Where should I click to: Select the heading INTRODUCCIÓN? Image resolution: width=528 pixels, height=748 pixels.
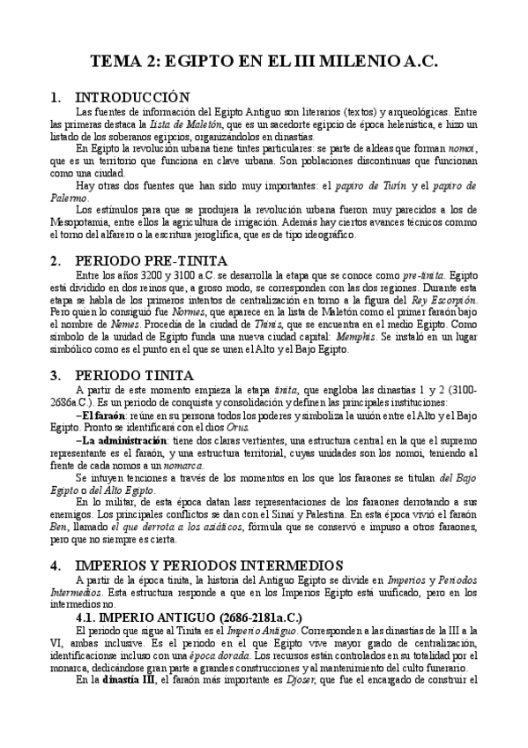coord(132,97)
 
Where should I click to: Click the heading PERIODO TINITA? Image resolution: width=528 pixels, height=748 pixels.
coord(134,375)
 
